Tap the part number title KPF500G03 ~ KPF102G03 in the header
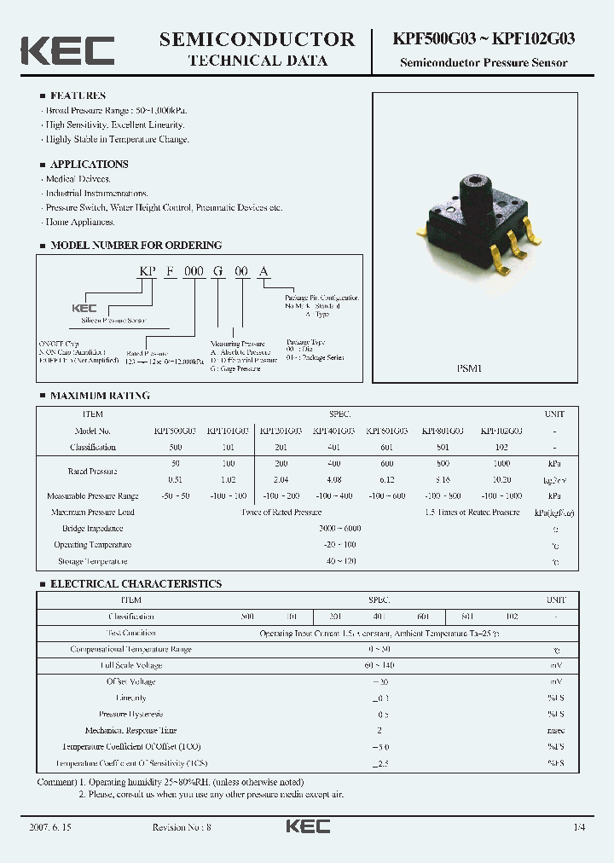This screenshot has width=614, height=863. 483,39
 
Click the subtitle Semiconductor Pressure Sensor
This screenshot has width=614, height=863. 484,62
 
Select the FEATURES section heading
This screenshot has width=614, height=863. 78,96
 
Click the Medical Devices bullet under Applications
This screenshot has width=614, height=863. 78,179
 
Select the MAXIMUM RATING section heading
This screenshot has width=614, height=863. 100,396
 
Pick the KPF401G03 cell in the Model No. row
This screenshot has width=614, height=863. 335,431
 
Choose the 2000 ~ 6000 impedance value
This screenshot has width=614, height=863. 339,529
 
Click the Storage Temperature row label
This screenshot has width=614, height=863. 93,561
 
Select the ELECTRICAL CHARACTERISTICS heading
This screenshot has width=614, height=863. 136,584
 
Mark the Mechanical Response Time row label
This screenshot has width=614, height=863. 130,731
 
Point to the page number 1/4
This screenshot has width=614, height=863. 580,827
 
